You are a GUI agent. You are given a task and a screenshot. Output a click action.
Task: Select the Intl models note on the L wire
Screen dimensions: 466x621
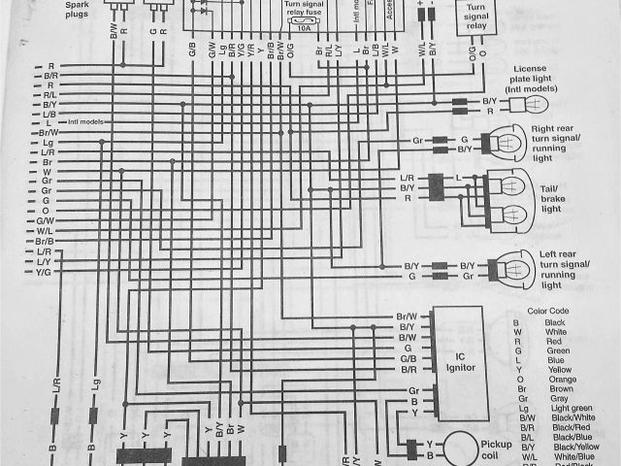[86, 121]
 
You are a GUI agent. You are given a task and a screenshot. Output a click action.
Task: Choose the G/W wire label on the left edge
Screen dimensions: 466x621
[45, 221]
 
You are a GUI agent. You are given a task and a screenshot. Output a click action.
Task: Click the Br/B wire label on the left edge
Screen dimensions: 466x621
[45, 242]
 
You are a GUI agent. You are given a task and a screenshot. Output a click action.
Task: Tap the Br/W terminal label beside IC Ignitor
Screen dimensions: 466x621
[407, 316]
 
